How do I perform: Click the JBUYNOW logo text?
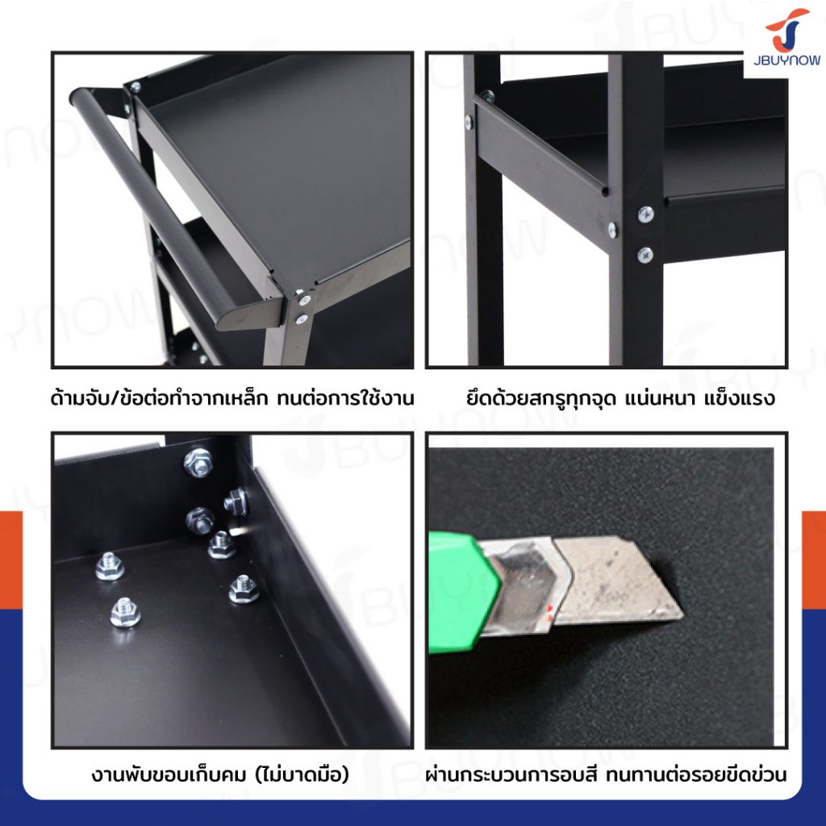(x=786, y=60)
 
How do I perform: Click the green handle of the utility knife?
(x=462, y=592)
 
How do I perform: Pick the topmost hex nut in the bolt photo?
(x=198, y=462)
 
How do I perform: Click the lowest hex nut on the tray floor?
(x=125, y=612)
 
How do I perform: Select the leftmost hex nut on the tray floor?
(x=110, y=566)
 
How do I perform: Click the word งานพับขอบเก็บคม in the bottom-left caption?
(x=169, y=775)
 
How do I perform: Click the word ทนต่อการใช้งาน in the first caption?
(x=345, y=398)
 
